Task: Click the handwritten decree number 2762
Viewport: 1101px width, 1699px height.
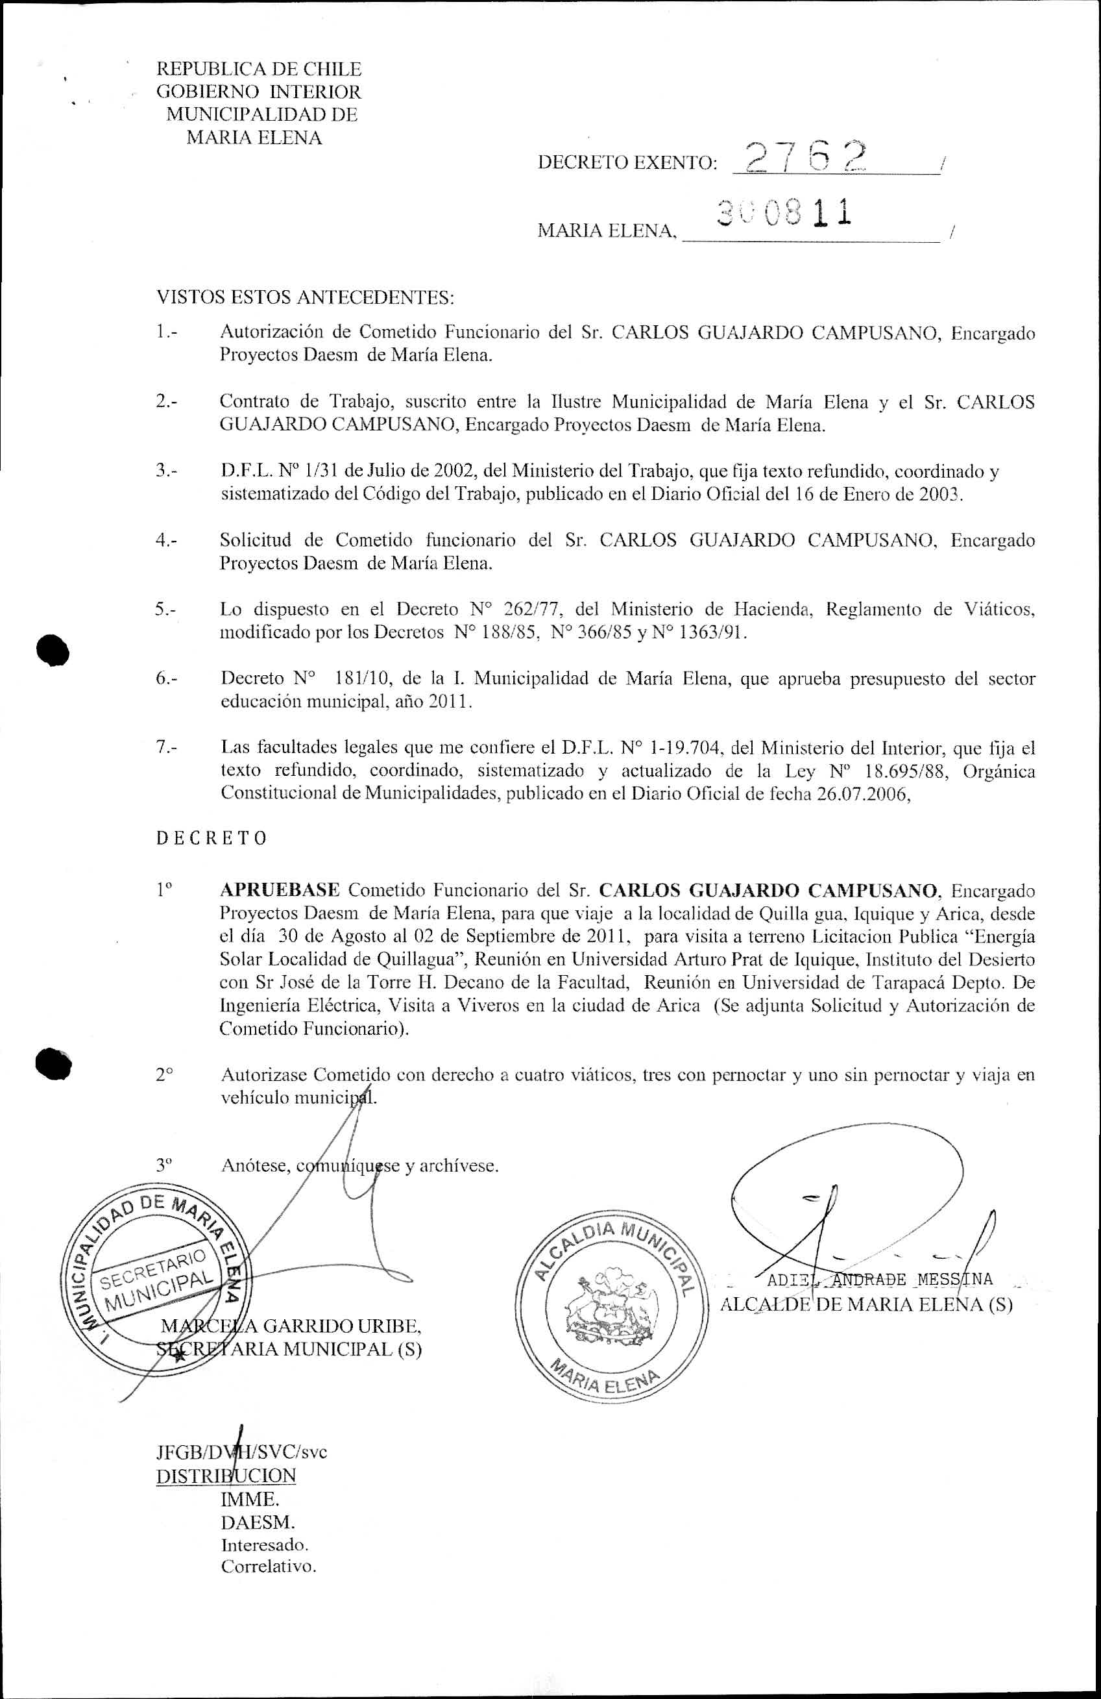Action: (x=805, y=156)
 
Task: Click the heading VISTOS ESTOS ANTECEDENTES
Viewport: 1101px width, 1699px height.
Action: (x=306, y=297)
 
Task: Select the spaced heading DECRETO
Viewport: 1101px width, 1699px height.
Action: (x=212, y=838)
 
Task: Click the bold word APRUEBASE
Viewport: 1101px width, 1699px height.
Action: (x=280, y=890)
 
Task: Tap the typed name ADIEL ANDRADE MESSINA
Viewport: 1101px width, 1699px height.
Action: (x=879, y=1278)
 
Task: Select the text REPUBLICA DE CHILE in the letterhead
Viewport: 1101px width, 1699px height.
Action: (x=259, y=69)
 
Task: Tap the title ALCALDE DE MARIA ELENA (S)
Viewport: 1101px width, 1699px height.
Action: (x=866, y=1304)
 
